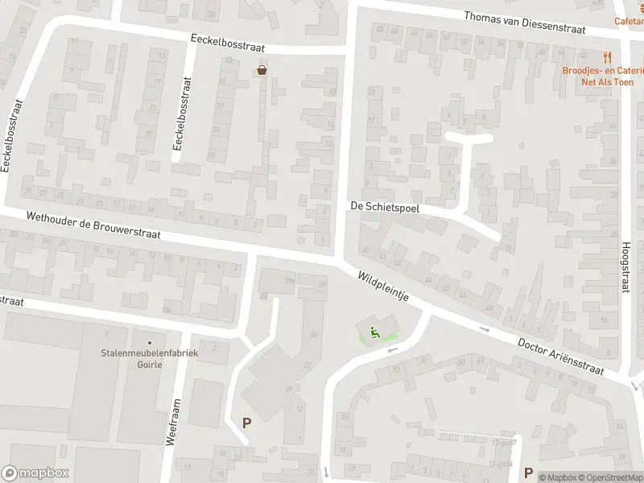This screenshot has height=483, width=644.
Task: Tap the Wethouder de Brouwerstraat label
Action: point(93,226)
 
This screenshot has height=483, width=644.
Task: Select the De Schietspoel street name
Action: point(385,207)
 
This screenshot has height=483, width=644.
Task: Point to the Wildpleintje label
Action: point(384,287)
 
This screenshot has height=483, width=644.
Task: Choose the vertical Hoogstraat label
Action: point(625,267)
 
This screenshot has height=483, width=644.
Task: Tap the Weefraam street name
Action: point(171,423)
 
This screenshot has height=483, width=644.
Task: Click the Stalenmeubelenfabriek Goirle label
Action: point(149,357)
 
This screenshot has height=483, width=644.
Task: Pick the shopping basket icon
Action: point(262,70)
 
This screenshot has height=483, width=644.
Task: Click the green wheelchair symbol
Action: point(374,332)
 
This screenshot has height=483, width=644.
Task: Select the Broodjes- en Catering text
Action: point(604,70)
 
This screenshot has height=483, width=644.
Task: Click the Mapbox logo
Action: point(35,473)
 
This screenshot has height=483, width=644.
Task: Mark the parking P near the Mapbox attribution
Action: point(529,473)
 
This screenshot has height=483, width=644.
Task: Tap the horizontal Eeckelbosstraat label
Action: point(228,43)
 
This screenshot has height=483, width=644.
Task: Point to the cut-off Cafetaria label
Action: point(629,22)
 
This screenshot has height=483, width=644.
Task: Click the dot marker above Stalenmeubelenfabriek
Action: point(149,342)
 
